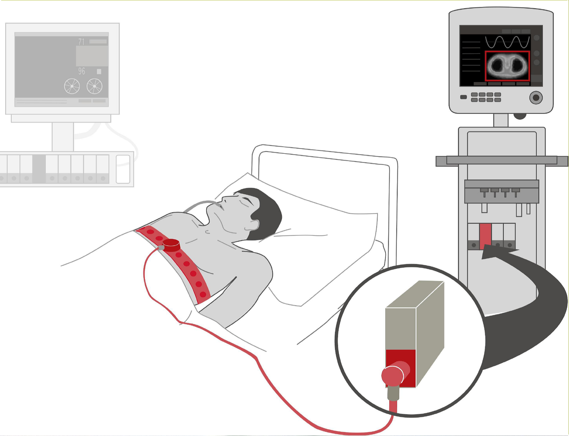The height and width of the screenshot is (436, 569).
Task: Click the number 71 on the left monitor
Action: (x=81, y=42)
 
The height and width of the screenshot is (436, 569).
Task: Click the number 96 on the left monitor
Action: (x=81, y=71)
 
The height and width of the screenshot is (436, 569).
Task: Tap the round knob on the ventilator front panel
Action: (x=536, y=97)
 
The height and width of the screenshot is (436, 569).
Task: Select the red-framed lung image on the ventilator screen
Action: (x=507, y=66)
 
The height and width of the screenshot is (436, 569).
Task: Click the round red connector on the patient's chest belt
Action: (x=171, y=245)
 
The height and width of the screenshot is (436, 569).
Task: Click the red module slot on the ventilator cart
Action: (x=485, y=236)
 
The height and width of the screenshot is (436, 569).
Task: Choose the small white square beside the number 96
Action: (x=99, y=71)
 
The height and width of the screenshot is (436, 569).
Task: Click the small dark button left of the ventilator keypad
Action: (x=463, y=97)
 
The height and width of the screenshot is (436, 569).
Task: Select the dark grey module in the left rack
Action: (x=39, y=169)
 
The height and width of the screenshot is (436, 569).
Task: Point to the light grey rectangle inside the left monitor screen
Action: (x=92, y=56)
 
